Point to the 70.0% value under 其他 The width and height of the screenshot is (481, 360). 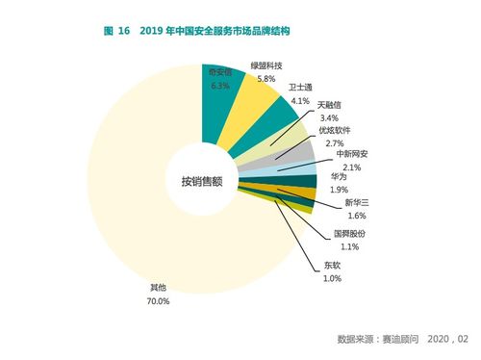click(159, 301)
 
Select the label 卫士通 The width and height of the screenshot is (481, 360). click(302, 87)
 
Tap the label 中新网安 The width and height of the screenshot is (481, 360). click(351, 154)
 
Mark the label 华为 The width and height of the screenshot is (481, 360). click(339, 176)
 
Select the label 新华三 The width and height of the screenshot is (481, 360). click(344, 204)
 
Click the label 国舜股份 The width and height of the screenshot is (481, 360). click(349, 234)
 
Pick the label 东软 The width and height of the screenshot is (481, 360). click(332, 266)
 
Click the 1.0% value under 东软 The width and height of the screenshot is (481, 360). click(332, 278)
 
